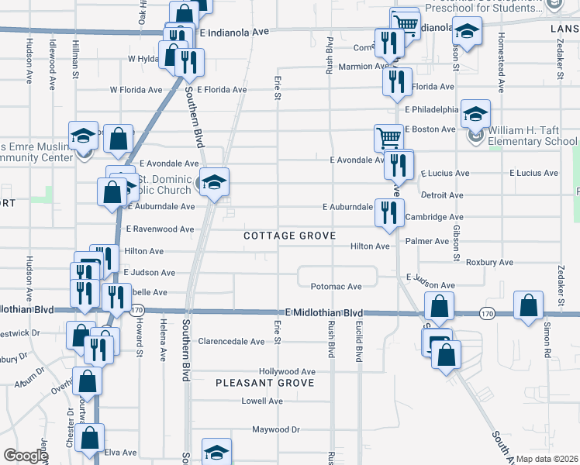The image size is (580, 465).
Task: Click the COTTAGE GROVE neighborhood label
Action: [x=289, y=236]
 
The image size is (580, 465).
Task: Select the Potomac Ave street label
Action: [x=337, y=287]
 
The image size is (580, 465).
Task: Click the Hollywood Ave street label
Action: [x=287, y=372]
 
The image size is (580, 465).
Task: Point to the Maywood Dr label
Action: [x=276, y=429]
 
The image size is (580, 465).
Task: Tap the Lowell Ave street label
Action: [x=262, y=401]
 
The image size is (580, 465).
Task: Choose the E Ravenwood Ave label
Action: [x=159, y=229]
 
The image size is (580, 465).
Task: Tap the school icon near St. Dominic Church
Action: [x=215, y=183]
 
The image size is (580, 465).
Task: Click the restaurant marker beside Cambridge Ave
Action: [x=388, y=212]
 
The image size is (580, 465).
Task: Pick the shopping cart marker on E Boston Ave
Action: [x=388, y=139]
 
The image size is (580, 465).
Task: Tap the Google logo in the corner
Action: [x=26, y=456]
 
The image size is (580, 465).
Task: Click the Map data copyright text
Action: [x=547, y=459]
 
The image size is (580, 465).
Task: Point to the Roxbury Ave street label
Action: [x=490, y=263]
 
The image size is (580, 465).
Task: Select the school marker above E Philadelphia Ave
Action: [x=475, y=115]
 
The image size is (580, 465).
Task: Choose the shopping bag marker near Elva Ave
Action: [x=90, y=438]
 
